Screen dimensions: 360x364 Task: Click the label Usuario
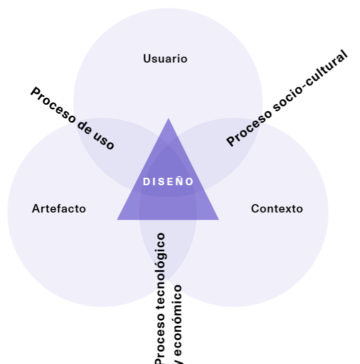pyautogui.click(x=165, y=59)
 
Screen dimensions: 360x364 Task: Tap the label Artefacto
pyautogui.click(x=59, y=209)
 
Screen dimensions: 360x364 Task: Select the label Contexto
pyautogui.click(x=277, y=209)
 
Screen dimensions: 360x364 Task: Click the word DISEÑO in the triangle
pyautogui.click(x=168, y=182)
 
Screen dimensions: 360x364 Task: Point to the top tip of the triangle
pyautogui.click(x=168, y=119)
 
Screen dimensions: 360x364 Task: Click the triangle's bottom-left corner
pyautogui.click(x=118, y=219)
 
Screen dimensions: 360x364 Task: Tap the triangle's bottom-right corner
pyautogui.click(x=218, y=219)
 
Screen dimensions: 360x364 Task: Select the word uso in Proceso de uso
pyautogui.click(x=104, y=140)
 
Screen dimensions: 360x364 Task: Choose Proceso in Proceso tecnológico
pyautogui.click(x=160, y=335)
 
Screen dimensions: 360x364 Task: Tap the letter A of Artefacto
pyautogui.click(x=35, y=209)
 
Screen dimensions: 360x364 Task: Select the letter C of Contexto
pyautogui.click(x=255, y=209)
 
